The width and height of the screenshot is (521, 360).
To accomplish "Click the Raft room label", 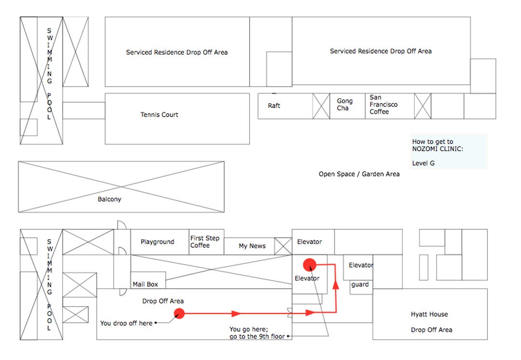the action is (274, 106).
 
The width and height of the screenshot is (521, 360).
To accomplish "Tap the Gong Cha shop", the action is (347, 106).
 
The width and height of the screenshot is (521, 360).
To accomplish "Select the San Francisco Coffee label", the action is (384, 105).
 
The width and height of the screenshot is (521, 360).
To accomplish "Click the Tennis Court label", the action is (159, 115).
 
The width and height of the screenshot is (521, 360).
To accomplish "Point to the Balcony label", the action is (109, 199).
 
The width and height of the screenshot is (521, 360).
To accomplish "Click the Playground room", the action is (160, 242).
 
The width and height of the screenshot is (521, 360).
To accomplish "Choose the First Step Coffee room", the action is (206, 242).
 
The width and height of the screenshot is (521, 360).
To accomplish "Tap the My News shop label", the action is (252, 246).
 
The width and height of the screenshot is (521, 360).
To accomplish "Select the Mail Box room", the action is (148, 280).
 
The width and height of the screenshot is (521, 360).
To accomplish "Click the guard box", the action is (361, 287).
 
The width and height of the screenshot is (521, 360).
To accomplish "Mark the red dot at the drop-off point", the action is (179, 313).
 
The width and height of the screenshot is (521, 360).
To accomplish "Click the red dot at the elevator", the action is (310, 265).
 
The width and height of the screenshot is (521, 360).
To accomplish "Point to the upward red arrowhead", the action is (336, 285).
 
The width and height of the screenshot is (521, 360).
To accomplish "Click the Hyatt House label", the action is (429, 314).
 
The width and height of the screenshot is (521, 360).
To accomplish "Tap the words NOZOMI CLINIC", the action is (438, 149).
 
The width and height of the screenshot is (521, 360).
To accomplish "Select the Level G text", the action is (423, 163).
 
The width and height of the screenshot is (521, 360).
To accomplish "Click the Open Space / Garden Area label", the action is (359, 174).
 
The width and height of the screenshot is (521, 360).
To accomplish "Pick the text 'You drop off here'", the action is (126, 323).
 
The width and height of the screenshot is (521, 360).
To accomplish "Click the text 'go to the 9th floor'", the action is (257, 336).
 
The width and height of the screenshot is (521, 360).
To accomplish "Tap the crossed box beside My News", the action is (283, 246).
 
